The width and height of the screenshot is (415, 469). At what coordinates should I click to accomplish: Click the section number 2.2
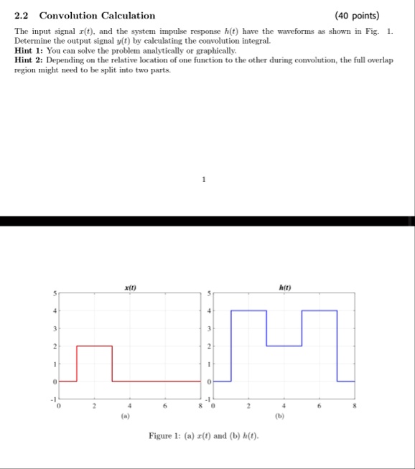click(x=22, y=15)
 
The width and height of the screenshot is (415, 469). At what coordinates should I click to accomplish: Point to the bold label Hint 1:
click(x=30, y=53)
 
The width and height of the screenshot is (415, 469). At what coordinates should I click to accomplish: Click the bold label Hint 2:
click(x=30, y=62)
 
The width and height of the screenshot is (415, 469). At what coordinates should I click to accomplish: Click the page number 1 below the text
click(x=204, y=180)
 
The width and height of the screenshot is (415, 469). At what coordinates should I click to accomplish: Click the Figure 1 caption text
click(x=204, y=435)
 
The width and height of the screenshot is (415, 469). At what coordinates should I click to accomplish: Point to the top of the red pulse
click(x=95, y=346)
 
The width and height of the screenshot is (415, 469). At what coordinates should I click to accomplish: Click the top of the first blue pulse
click(x=249, y=311)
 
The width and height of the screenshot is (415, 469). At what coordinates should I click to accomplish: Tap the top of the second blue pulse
click(x=320, y=311)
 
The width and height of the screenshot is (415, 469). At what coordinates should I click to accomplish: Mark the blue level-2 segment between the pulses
click(x=284, y=346)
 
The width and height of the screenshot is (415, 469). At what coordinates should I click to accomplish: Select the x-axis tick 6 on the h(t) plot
click(x=320, y=405)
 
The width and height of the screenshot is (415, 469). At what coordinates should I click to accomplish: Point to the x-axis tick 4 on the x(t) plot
click(x=130, y=405)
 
